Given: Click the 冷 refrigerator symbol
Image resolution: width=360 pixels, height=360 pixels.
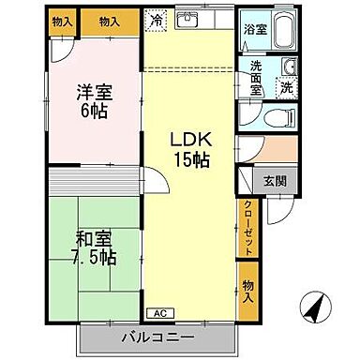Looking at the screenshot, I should coord(155,20).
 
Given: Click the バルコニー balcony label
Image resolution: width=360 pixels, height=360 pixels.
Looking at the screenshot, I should coord(157,337).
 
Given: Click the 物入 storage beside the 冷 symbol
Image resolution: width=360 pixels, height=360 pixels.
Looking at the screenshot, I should coord(110,21).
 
